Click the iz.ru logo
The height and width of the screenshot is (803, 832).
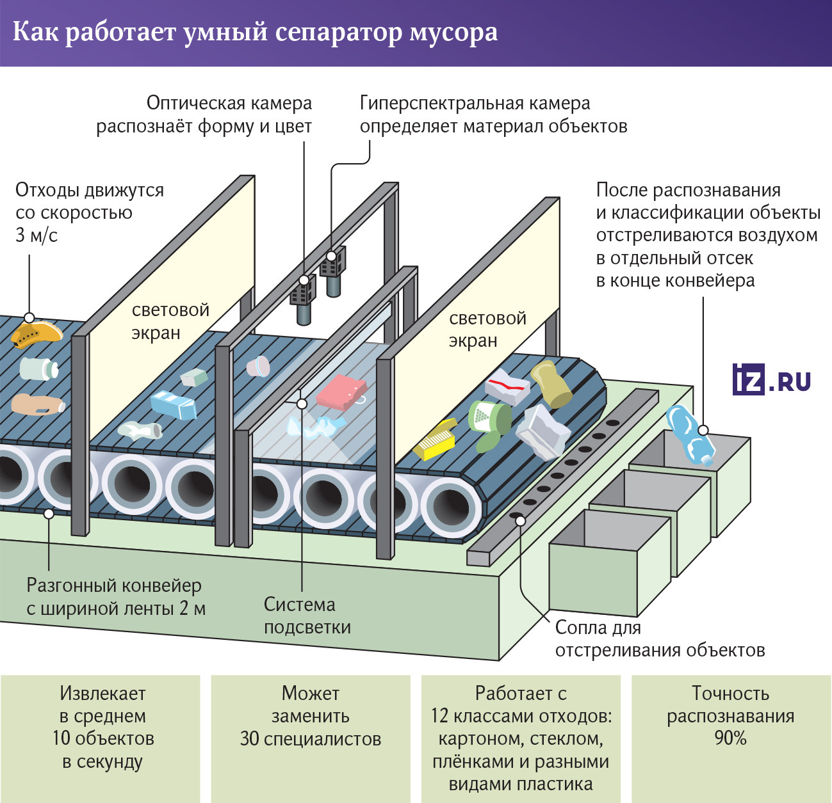point(771,379)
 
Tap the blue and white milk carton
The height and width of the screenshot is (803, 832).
point(173,404)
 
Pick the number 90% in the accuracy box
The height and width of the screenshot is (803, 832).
point(730,738)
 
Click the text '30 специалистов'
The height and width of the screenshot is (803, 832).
point(310,739)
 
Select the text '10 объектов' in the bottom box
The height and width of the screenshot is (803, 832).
point(103,738)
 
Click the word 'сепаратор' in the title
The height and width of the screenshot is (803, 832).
point(339,32)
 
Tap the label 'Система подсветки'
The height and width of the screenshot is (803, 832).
point(307,616)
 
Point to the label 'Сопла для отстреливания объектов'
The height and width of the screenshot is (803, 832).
point(659,639)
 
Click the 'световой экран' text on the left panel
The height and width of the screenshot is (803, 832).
point(170,321)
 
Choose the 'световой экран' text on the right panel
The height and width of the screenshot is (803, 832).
point(487,329)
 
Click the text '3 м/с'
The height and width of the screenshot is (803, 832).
point(37,235)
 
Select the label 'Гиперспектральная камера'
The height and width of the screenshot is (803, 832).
point(475,103)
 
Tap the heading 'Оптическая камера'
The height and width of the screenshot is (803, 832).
point(229,103)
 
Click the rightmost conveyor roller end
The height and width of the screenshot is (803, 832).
point(452,505)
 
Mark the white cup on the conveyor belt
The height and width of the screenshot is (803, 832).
point(259,366)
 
